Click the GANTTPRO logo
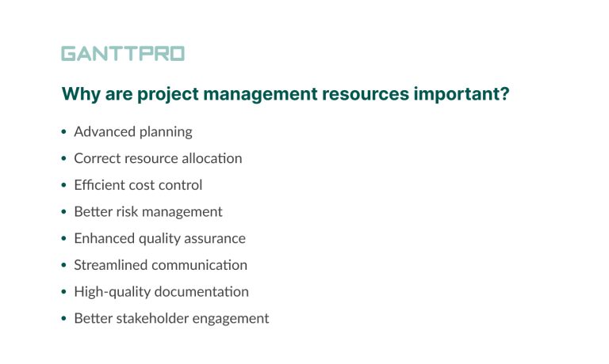123,54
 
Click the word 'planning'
165,132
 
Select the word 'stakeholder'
147,318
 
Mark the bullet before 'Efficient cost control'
64,186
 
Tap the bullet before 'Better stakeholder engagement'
64,319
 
